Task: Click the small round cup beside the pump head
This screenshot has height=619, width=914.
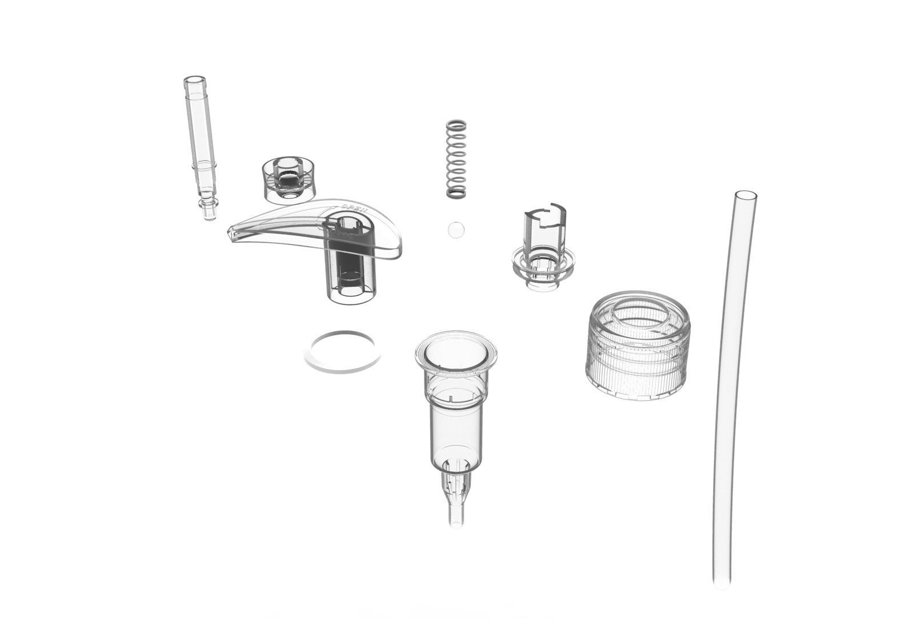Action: (x=289, y=179)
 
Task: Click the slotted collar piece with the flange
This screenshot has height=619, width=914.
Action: (x=543, y=251)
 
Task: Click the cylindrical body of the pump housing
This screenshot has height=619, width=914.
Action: (x=455, y=423)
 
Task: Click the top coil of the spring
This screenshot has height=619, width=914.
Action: (x=455, y=124)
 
